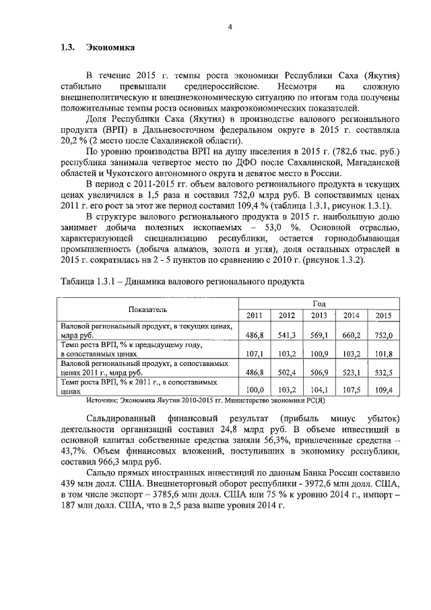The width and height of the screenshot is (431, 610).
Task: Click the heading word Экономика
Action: pos(110,49)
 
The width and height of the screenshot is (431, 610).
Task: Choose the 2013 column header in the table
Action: pos(319,315)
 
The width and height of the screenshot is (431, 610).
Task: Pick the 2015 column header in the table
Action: pos(383,315)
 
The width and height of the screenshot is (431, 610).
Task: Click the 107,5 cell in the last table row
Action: pos(351,389)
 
